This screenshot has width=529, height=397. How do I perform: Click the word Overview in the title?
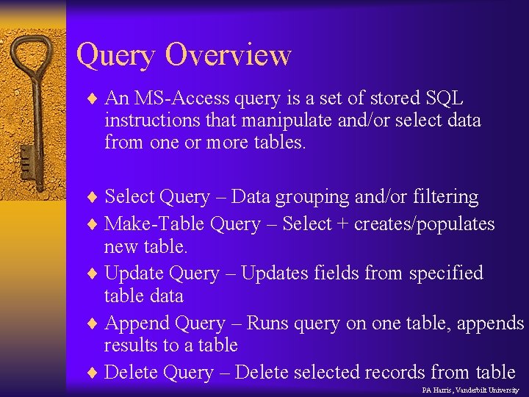[228, 54]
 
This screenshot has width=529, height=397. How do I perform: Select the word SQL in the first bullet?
[447, 99]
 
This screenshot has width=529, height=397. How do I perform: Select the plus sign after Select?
[342, 224]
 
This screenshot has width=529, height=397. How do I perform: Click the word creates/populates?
[425, 224]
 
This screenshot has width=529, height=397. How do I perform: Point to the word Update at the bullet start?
[134, 273]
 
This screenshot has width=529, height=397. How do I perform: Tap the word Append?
[135, 323]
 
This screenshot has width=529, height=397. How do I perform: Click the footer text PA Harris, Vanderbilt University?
[470, 390]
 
